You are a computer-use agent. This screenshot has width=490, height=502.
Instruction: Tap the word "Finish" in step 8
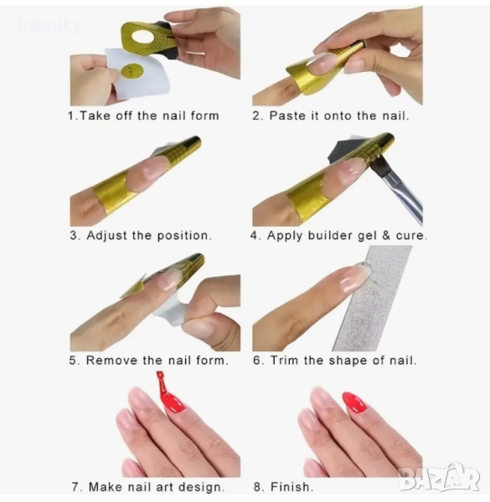tap(290, 487)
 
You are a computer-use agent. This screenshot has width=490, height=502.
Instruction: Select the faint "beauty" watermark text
tap(50, 26)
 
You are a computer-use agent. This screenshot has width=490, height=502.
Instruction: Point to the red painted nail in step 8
tap(355, 402)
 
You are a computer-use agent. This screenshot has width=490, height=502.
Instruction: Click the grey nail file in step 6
tap(373, 299)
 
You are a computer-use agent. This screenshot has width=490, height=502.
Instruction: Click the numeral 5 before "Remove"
tap(73, 360)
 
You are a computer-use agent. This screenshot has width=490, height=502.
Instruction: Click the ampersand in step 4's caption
tap(386, 235)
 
